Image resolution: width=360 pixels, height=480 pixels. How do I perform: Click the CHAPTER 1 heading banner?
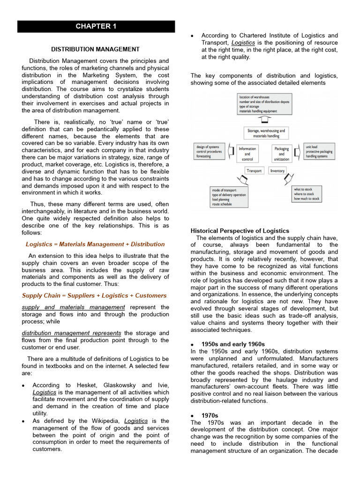coord(96,26)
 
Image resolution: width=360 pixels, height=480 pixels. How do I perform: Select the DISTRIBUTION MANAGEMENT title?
coord(95,49)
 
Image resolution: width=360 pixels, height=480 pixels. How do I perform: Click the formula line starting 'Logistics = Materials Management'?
coord(95,244)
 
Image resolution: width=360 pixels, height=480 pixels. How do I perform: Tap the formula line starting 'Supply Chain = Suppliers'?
coord(94,296)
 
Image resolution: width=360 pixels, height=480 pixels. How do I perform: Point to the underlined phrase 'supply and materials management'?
coord(73,307)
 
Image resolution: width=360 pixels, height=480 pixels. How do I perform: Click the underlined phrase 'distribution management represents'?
coord(71,333)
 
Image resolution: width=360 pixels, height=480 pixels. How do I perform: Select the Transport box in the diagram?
coord(255,171)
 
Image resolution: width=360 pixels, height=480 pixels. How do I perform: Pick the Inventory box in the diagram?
coord(277,171)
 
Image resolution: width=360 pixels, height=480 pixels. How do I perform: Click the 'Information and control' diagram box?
coord(247,154)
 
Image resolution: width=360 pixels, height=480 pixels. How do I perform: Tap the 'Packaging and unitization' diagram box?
coord(281,154)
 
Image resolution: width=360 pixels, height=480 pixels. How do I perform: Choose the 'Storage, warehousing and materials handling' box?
coord(266,133)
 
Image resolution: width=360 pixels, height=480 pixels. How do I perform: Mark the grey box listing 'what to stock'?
coord(307,194)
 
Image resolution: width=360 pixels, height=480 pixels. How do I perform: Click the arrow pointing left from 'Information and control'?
coord(231,152)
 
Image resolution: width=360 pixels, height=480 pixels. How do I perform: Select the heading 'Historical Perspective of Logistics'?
coord(240,231)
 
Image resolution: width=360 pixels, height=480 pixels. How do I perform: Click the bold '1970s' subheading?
coord(210,416)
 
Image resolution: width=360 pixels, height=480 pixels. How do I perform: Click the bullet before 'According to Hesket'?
coord(23,386)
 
